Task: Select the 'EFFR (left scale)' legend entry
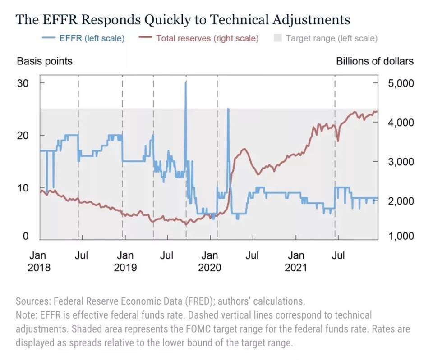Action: (92, 38)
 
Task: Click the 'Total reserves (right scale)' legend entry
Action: (207, 38)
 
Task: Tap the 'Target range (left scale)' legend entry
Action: (332, 38)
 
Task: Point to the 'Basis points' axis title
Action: (45, 61)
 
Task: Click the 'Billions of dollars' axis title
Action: (374, 61)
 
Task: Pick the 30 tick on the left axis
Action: (23, 83)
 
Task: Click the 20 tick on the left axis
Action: (23, 136)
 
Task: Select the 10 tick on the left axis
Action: (23, 187)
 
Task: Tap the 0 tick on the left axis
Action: (26, 236)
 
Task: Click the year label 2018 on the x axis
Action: (39, 268)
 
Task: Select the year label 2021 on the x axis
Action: (295, 268)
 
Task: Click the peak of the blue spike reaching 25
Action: (228, 109)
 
